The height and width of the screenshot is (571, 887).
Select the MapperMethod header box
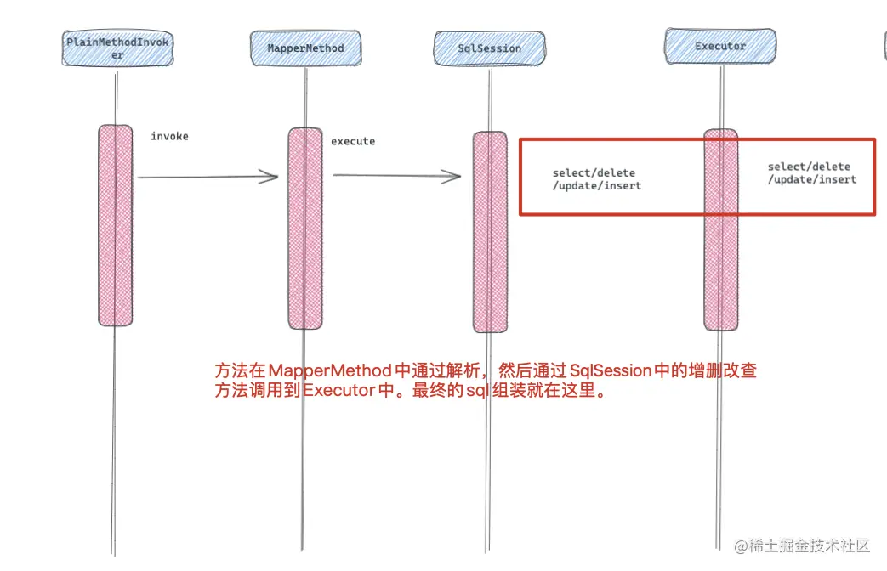[304, 48]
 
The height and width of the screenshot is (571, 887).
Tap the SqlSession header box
[489, 48]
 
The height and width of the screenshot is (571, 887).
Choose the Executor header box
[719, 46]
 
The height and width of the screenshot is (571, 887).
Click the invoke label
[169, 136]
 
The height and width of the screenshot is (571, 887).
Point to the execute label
[352, 141]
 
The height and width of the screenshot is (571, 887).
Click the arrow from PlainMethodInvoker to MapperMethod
[208, 177]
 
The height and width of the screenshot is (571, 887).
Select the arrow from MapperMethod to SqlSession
[396, 176]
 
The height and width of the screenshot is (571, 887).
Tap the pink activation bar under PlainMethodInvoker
[116, 225]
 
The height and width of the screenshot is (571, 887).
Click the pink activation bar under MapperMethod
[304, 228]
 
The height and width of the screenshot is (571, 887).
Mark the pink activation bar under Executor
[720, 229]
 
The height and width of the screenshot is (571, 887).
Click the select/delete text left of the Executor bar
[594, 173]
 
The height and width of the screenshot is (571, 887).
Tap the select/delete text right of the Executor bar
[809, 167]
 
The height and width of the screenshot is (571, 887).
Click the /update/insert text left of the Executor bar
[597, 185]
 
